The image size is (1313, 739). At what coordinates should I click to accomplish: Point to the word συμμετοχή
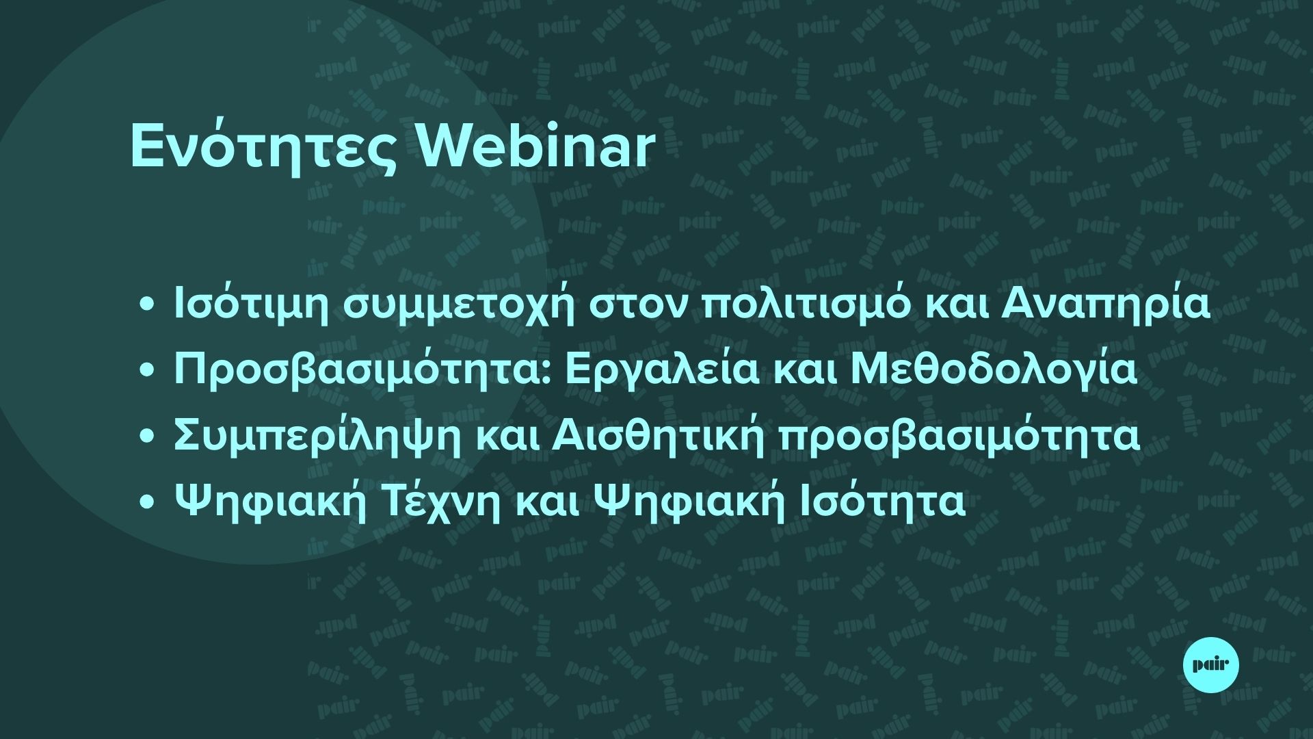tap(457, 306)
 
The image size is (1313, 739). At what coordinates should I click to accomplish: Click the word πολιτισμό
tap(806, 305)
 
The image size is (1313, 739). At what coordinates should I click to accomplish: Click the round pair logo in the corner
tap(1210, 664)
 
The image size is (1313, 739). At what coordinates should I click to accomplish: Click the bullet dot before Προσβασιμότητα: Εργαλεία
tap(146, 372)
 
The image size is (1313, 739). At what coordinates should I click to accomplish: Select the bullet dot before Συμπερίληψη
tap(146, 437)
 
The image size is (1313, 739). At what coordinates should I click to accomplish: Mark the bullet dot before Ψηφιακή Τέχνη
tap(146, 503)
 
